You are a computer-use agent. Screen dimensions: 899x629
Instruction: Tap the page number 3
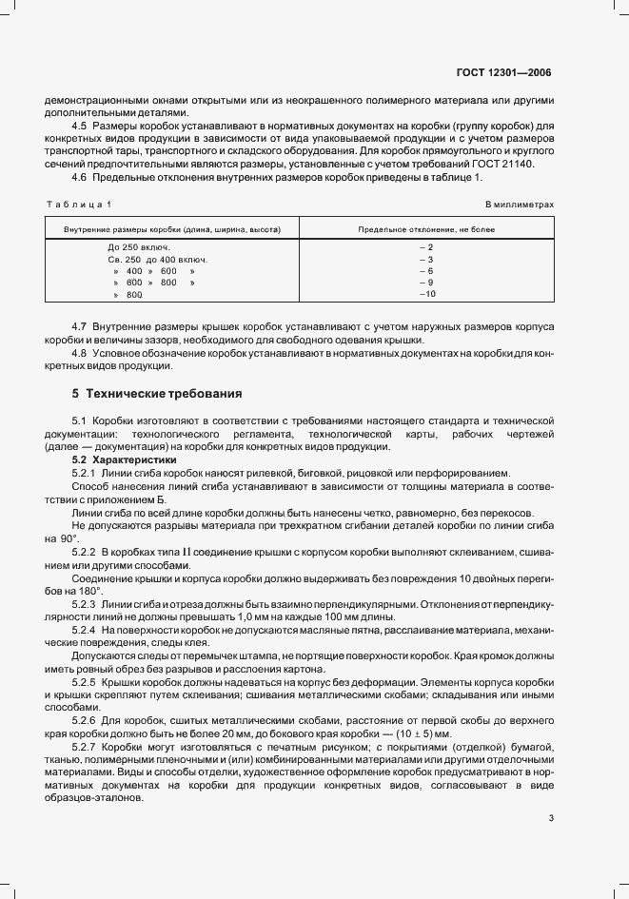pyautogui.click(x=551, y=818)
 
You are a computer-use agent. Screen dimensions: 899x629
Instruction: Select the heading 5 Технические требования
pyautogui.click(x=156, y=393)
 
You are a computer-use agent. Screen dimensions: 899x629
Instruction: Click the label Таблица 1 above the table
pyautogui.click(x=79, y=205)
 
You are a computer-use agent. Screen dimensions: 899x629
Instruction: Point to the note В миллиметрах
pyautogui.click(x=519, y=205)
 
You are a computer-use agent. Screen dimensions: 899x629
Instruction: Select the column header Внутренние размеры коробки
pyautogui.click(x=171, y=229)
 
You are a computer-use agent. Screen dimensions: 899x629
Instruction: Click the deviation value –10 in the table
pyautogui.click(x=425, y=295)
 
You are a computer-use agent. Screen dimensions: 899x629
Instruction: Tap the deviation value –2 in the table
pyautogui.click(x=425, y=247)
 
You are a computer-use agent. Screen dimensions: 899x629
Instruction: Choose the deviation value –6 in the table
pyautogui.click(x=425, y=271)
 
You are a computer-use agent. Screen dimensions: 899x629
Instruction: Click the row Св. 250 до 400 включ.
pyautogui.click(x=157, y=259)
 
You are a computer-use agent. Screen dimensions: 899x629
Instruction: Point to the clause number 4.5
pyautogui.click(x=80, y=127)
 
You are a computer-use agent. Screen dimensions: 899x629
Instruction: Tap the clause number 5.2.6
pyautogui.click(x=86, y=720)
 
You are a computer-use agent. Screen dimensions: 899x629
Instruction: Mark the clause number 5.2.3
pyautogui.click(x=86, y=604)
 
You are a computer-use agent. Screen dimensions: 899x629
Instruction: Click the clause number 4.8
pyautogui.click(x=80, y=354)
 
